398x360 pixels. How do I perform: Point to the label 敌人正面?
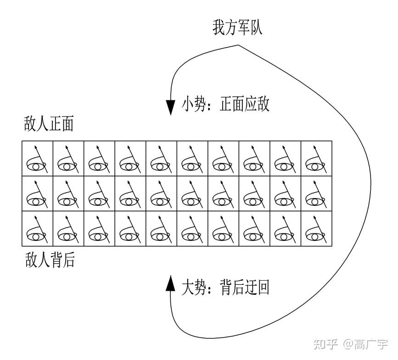pyautogui.click(x=49, y=125)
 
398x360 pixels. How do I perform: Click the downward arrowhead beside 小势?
pyautogui.click(x=171, y=107)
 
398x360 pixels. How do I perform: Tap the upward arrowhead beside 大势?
pyautogui.click(x=171, y=283)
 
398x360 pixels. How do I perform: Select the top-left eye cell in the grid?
pyautogui.click(x=38, y=158)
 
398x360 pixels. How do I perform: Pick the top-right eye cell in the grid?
pyautogui.click(x=316, y=158)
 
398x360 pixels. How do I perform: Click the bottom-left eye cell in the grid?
pyautogui.click(x=38, y=228)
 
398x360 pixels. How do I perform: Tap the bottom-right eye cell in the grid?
pyautogui.click(x=316, y=228)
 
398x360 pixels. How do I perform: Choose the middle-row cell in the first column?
pyautogui.click(x=38, y=193)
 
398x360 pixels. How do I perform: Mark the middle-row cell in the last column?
pyautogui.click(x=316, y=193)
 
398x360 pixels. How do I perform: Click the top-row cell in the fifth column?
pyautogui.click(x=162, y=158)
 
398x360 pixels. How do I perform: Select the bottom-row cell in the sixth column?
pyautogui.click(x=192, y=228)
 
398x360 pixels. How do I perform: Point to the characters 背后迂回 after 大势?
pyautogui.click(x=245, y=288)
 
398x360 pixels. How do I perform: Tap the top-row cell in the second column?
pyautogui.click(x=68, y=158)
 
